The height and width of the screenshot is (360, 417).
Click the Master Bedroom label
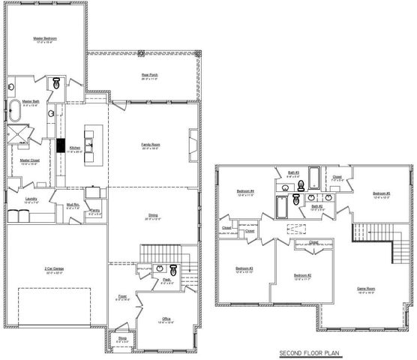45,38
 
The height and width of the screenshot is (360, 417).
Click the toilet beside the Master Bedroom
56,85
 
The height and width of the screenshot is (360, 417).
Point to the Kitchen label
75,148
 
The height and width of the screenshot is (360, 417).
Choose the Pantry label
94,211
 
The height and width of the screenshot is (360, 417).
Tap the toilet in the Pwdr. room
172,270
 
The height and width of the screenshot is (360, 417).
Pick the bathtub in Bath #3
314,177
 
